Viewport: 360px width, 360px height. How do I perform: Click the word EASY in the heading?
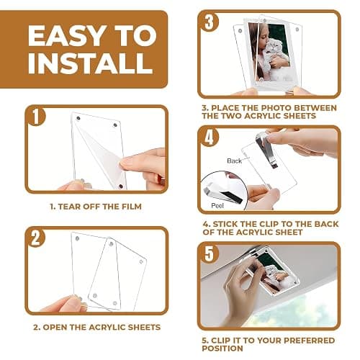pos(68,35)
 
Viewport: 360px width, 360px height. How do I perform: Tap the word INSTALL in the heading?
pos(91,63)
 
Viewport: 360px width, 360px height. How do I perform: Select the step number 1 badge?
pos(36,117)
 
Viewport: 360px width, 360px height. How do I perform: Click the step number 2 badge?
pos(36,238)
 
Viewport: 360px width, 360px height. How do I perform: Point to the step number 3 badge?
pos(210,22)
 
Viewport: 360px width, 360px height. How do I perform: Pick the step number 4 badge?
pos(210,138)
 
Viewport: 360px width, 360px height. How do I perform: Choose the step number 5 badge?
pos(210,253)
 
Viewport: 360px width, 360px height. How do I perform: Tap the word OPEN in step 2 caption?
pos(55,327)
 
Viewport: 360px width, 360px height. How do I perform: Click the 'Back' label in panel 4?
pos(234,161)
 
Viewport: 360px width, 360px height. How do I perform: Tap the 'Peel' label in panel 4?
pos(217,205)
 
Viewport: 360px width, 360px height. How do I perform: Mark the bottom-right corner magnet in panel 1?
pos(121,186)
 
